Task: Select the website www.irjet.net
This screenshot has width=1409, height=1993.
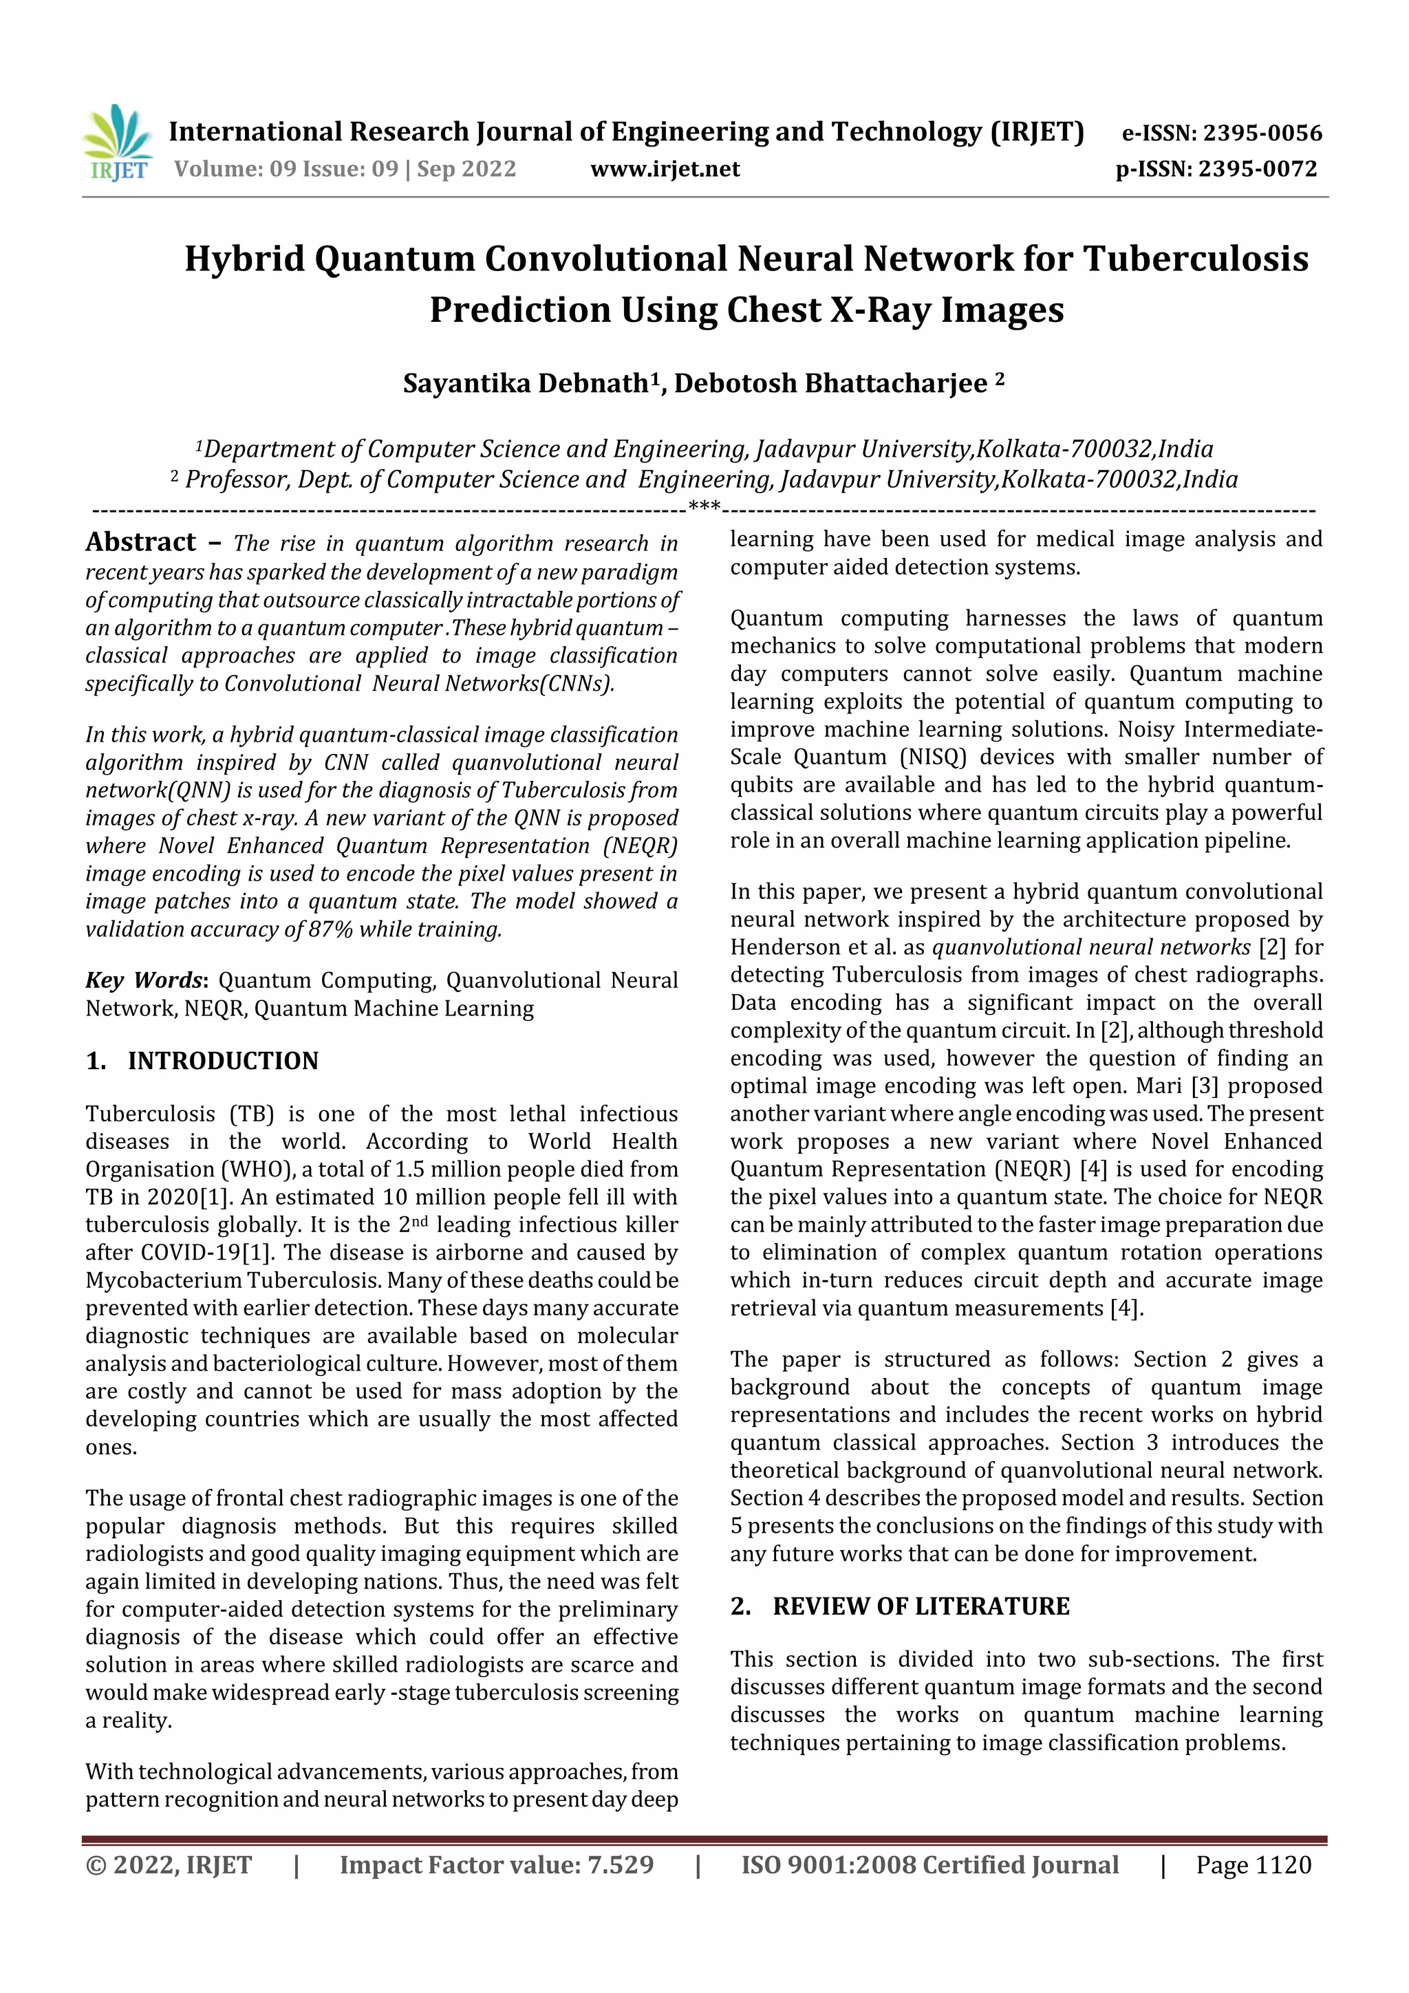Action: pos(665,169)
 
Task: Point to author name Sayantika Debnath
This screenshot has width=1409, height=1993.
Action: pos(525,384)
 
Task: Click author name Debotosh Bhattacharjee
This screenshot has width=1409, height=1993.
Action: pos(831,384)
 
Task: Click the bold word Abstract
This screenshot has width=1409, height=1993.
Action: pos(140,543)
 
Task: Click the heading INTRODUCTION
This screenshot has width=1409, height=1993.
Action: pos(223,1061)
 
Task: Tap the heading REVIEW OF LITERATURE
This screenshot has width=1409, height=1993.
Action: pos(921,1607)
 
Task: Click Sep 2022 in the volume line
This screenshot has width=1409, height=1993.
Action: pos(466,169)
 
